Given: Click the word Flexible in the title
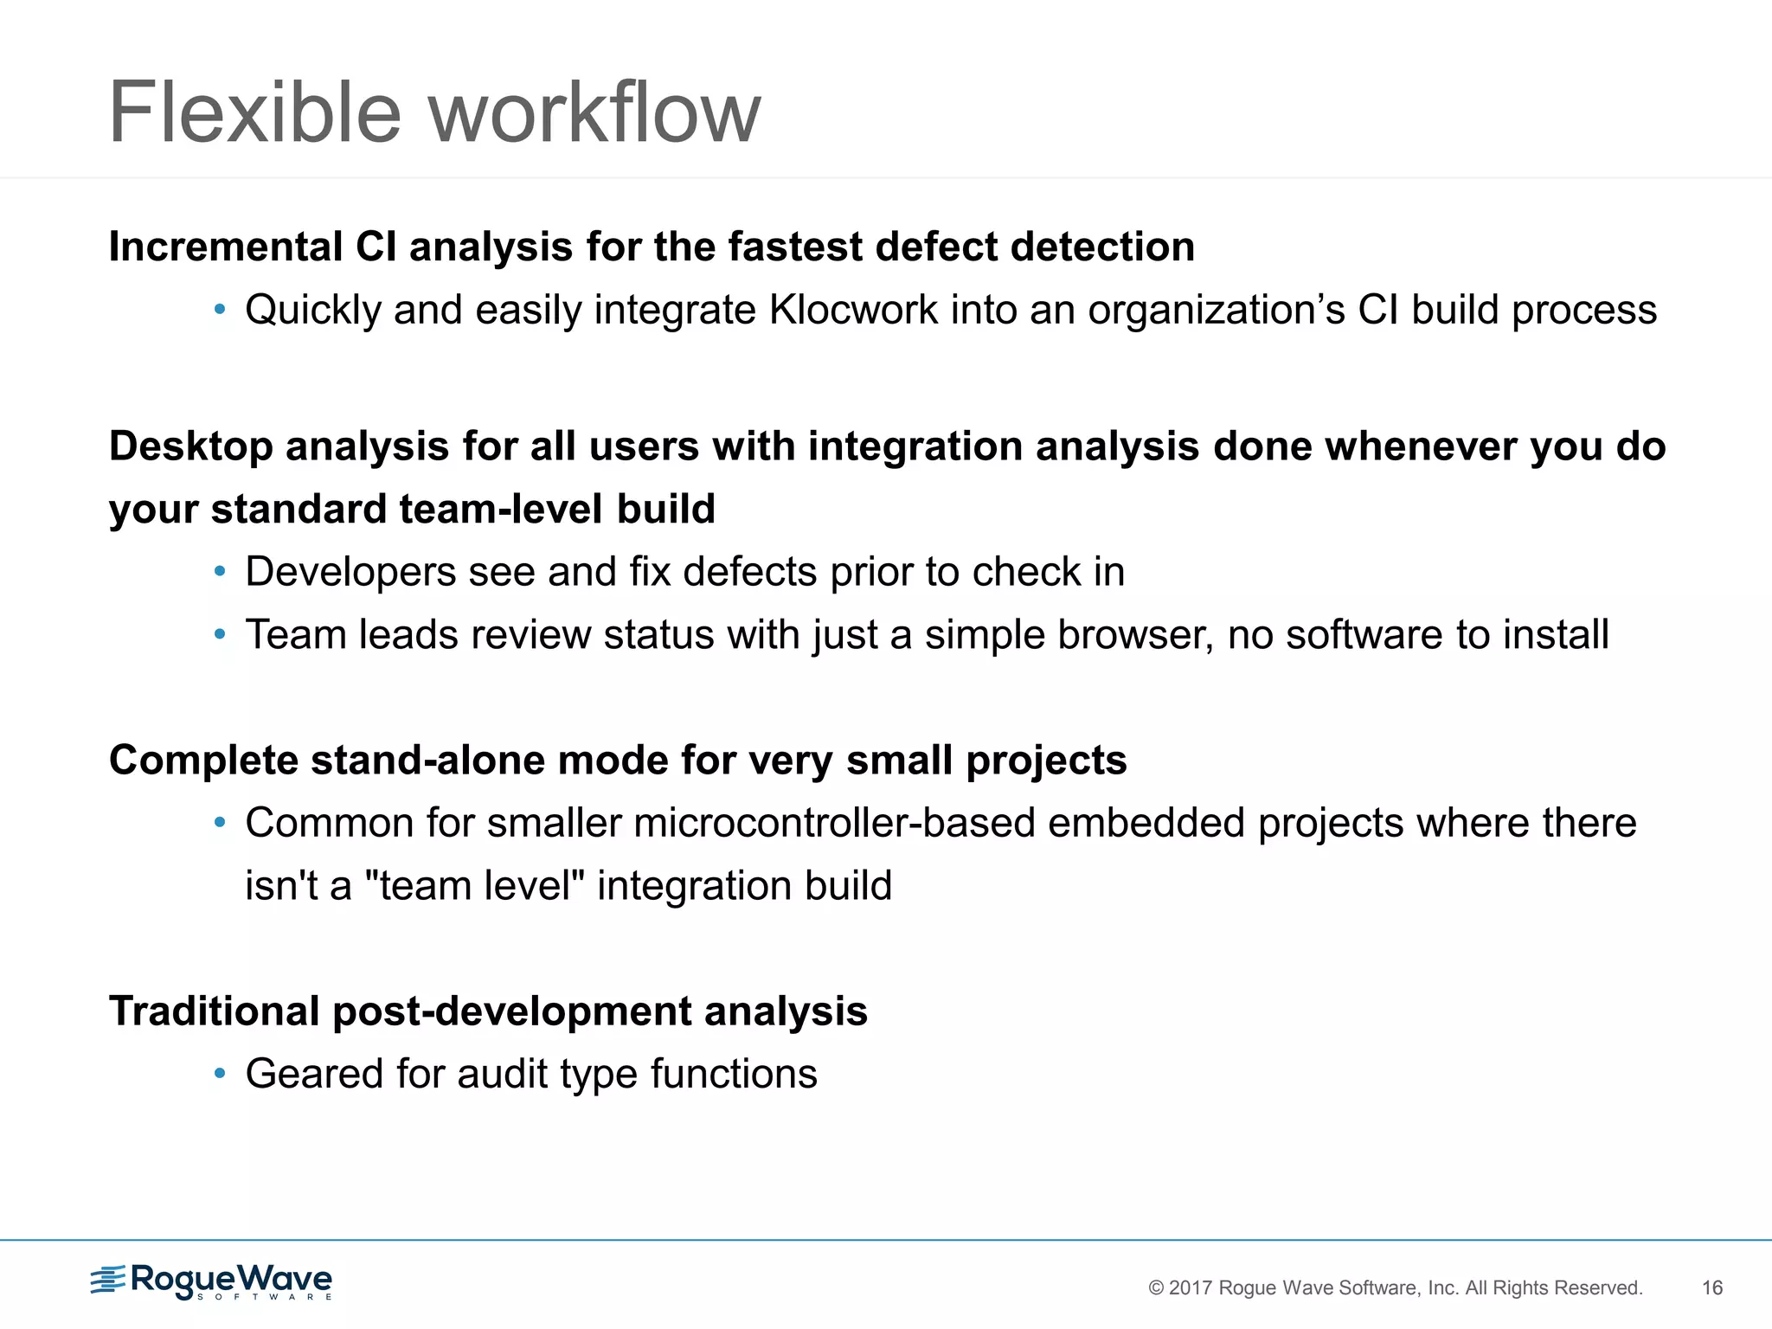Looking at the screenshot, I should (254, 112).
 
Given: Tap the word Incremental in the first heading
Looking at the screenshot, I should (226, 247).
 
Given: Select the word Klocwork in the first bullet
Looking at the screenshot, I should (853, 310).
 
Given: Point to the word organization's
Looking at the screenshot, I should (1216, 310).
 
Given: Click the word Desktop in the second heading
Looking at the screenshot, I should (190, 446).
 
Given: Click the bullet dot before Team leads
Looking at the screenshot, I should (220, 635).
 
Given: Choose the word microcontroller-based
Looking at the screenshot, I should (834, 823).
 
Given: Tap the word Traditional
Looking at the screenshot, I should (215, 1011).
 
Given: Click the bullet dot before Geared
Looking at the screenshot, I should (220, 1075).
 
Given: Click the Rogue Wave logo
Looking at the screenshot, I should (211, 1281).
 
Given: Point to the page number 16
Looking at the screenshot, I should (1712, 1288).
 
